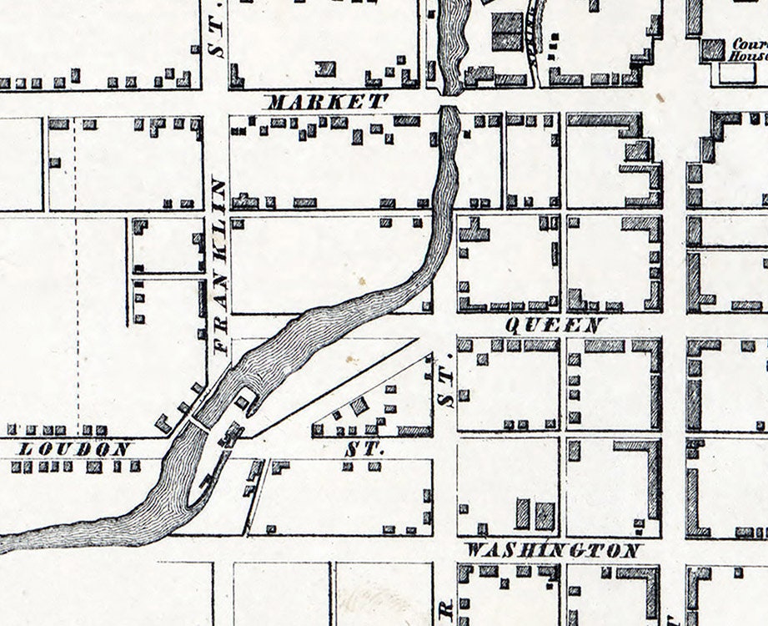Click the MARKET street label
tap(327, 103)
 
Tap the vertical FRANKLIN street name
tap(218, 266)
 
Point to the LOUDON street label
tap(74, 449)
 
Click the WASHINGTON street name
tap(554, 551)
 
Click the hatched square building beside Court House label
tap(712, 50)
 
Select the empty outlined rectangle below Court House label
tap(736, 73)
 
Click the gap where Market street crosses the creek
tap(449, 101)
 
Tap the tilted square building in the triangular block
tap(359, 406)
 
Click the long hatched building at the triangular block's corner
tap(414, 431)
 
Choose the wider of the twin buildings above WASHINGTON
tap(545, 514)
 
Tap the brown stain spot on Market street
tap(660, 98)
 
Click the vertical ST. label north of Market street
tap(217, 42)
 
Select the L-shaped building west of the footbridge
tap(163, 424)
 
